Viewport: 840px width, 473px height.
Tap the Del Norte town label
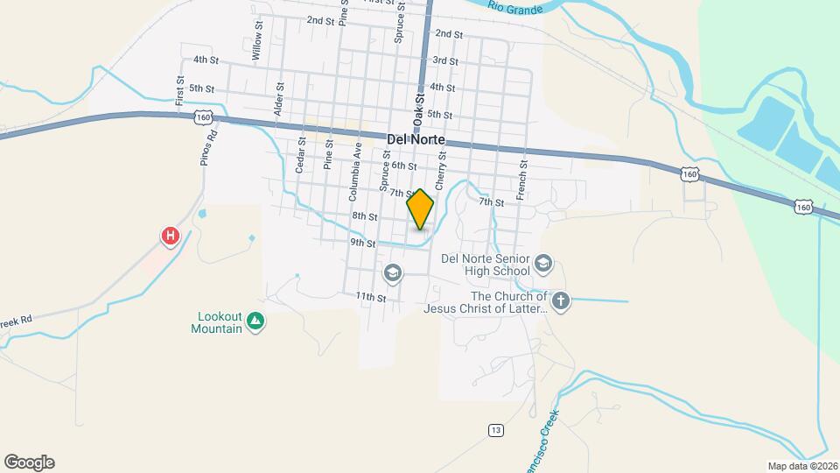[x=416, y=139]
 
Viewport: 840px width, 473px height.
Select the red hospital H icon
[x=171, y=236]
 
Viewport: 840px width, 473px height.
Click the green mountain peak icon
[x=255, y=322]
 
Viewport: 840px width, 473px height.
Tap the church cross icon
[x=561, y=302]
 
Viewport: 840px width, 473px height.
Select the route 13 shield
[x=496, y=429]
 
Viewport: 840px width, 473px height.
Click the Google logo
[x=29, y=462]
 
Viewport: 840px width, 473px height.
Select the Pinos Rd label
[x=207, y=147]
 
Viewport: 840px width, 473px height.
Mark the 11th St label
[x=370, y=298]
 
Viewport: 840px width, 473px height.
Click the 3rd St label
[x=445, y=60]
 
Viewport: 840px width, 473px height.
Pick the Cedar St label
[x=300, y=153]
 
